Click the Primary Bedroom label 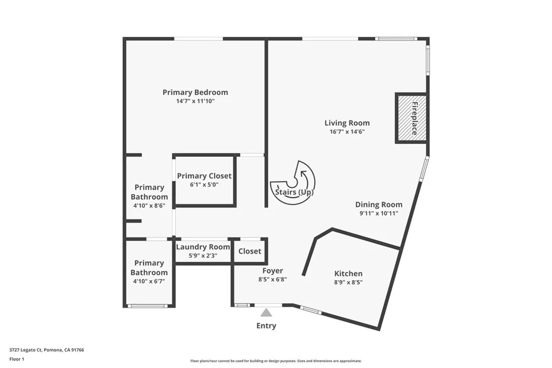click(x=195, y=92)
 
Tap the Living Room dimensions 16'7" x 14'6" click(x=347, y=131)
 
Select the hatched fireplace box click(x=411, y=118)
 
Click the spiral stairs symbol click(x=294, y=183)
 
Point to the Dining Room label click(x=378, y=205)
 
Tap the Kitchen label click(x=348, y=274)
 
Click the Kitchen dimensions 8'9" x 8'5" click(x=348, y=282)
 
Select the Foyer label click(x=273, y=271)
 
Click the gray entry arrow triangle click(x=266, y=312)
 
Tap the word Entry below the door click(x=266, y=325)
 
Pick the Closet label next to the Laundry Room click(x=250, y=251)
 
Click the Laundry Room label click(x=203, y=247)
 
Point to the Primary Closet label click(x=204, y=176)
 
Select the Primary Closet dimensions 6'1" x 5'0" click(x=204, y=184)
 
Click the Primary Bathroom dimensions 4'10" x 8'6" click(x=149, y=206)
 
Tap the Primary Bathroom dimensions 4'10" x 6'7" click(x=149, y=281)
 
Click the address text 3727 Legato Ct click(x=46, y=350)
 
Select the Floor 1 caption click(x=17, y=359)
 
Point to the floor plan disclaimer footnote click(x=276, y=361)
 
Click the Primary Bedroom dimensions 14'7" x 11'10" click(x=195, y=101)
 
